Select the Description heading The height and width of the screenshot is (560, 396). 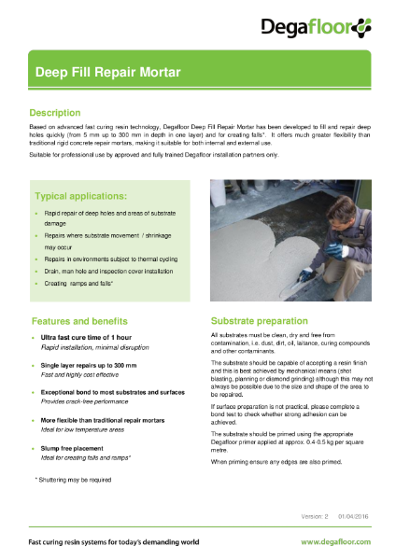pos(62,112)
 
